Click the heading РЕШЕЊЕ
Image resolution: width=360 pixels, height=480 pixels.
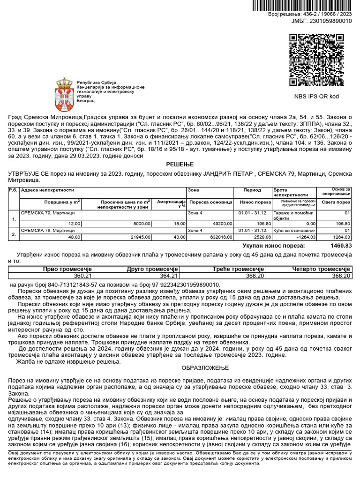point(180,165)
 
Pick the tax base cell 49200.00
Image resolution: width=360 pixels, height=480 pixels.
point(221,224)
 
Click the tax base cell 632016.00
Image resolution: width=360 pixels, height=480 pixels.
point(219,238)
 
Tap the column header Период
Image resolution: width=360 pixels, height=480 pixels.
point(252,191)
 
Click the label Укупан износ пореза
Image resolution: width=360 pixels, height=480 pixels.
point(272,246)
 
